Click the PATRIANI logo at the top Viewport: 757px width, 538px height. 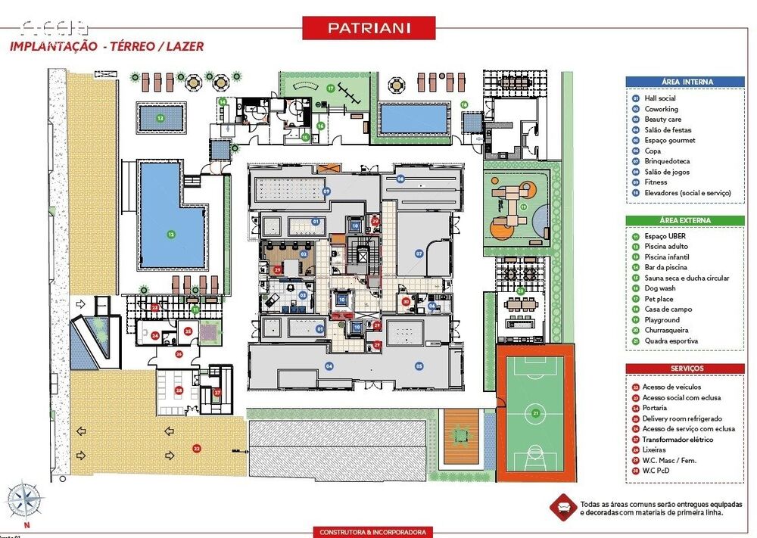(x=369, y=28)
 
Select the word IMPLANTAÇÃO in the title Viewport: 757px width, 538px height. (x=51, y=46)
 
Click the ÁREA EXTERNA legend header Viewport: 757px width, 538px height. (x=684, y=220)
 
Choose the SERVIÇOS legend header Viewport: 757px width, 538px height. (x=684, y=368)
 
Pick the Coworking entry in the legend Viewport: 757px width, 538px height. (x=661, y=109)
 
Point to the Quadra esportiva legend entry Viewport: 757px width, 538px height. (x=671, y=341)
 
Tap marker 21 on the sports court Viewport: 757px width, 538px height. (x=536, y=412)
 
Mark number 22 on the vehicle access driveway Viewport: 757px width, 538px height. (x=197, y=448)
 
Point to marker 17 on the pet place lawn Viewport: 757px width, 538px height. (x=331, y=89)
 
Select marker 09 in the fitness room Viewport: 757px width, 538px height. (x=327, y=191)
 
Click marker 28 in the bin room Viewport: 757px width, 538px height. (x=179, y=391)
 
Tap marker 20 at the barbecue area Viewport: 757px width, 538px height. (x=520, y=290)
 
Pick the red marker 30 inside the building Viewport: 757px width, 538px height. (x=406, y=301)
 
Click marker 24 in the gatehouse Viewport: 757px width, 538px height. (x=154, y=335)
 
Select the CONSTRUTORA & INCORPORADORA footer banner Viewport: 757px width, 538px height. (x=374, y=532)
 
